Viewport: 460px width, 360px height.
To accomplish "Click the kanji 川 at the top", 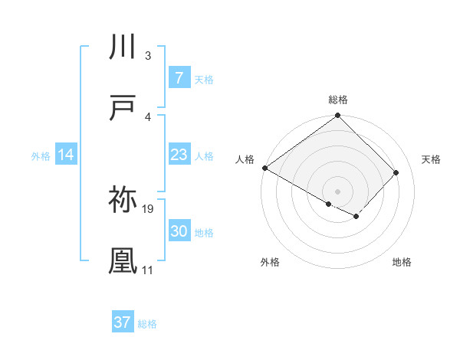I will [x=123, y=47].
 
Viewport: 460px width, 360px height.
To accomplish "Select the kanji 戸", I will [x=123, y=109].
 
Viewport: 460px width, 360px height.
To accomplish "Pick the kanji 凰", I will [x=123, y=260].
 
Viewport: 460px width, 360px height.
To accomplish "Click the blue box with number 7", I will [x=179, y=78].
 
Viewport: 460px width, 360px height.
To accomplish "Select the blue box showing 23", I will [x=179, y=155].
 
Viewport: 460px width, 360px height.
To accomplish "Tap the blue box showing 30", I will [x=179, y=232].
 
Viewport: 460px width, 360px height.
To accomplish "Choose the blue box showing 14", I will [x=66, y=155].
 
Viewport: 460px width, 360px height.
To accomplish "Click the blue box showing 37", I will [x=122, y=322].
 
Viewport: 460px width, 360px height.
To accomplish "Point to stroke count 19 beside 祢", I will [x=149, y=209].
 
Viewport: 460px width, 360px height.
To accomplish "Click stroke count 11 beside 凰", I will [x=147, y=270].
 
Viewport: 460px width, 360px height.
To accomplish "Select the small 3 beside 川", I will [x=147, y=57].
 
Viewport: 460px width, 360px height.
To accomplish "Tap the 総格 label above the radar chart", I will [x=338, y=100].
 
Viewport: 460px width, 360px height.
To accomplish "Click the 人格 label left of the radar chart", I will [x=245, y=159].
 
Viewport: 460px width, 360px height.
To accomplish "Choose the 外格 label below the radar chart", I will [x=270, y=262].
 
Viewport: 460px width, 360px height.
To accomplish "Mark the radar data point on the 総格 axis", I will [x=338, y=116].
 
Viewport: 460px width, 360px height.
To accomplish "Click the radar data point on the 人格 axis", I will [x=265, y=168].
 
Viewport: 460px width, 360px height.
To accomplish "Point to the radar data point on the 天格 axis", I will [x=396, y=173].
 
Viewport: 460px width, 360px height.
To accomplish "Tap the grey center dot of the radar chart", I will [x=338, y=191].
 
